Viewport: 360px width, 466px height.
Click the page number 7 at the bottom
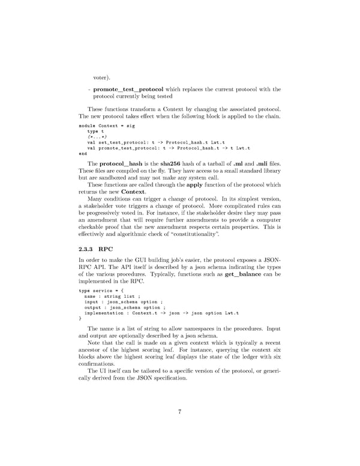(x=180, y=411)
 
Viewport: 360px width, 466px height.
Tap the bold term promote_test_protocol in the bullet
(x=128, y=89)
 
